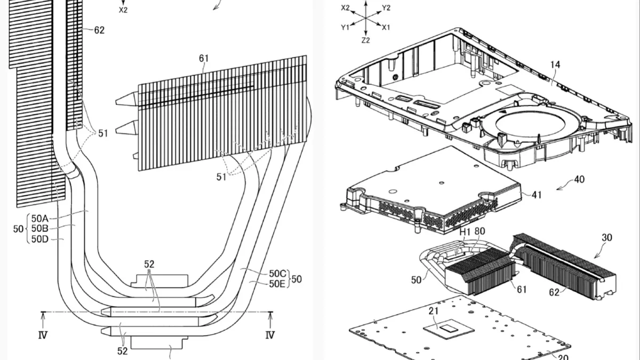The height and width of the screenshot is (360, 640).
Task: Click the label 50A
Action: [x=39, y=219]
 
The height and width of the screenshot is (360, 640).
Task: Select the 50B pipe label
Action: [x=39, y=229]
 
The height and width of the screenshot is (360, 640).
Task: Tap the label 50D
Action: [x=39, y=239]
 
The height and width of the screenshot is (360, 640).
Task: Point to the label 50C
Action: [x=277, y=274]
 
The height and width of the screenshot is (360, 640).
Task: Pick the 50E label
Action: [x=277, y=284]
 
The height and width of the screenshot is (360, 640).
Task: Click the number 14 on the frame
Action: [x=555, y=65]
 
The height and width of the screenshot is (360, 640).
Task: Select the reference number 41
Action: [x=537, y=195]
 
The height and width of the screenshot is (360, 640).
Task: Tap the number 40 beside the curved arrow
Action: [x=579, y=179]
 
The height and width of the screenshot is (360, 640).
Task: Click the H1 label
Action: [x=465, y=232]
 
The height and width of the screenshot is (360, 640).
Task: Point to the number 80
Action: [x=479, y=231]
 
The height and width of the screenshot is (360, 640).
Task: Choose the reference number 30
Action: [x=607, y=237]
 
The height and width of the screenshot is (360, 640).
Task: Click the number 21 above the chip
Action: [x=434, y=311]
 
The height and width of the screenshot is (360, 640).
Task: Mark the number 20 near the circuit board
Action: [x=563, y=357]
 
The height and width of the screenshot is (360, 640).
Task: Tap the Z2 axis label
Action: [x=365, y=41]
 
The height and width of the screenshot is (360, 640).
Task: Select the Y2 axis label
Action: [x=386, y=7]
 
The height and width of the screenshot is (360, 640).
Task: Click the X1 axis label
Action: [x=386, y=27]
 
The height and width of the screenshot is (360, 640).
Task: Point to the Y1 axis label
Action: [x=345, y=27]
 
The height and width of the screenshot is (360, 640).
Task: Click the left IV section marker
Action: [x=43, y=335]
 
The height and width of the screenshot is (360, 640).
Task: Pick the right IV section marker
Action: [x=270, y=335]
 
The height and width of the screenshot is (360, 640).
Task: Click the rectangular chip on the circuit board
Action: [x=449, y=329]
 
